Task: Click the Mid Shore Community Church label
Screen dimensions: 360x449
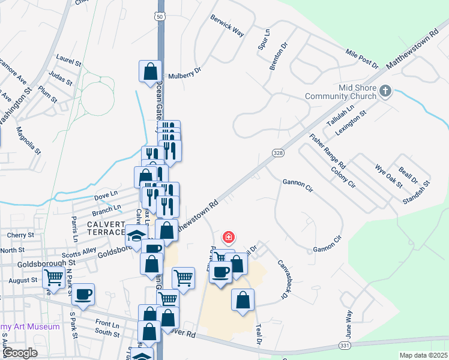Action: coord(340,91)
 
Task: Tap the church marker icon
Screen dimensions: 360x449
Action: coord(385,92)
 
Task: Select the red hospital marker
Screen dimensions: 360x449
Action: coord(228,237)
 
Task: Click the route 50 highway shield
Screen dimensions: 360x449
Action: coord(159,16)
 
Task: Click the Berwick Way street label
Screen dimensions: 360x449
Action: coord(227,26)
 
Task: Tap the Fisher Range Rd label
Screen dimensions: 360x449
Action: coord(327,151)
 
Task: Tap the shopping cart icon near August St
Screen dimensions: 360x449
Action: coord(53,278)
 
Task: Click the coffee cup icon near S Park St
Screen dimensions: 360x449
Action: coord(83,295)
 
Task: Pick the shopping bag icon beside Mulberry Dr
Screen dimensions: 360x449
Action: coord(149,71)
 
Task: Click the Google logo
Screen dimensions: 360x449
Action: coord(20,352)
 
